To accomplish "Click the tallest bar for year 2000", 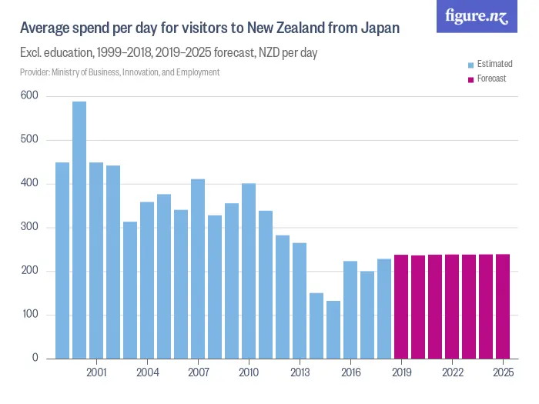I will [x=79, y=230].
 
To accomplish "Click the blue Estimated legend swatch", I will [x=471, y=64].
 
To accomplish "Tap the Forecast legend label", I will [x=491, y=78].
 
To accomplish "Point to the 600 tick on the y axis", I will [x=30, y=95].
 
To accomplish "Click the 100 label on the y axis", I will [x=30, y=315].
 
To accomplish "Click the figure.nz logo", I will [x=477, y=17].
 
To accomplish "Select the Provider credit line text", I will [x=119, y=72].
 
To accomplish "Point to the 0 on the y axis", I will [x=35, y=359].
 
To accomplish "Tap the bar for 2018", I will [x=384, y=309].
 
